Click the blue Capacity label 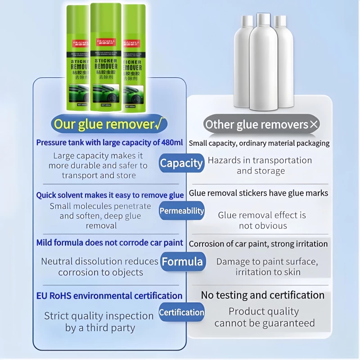(182, 163)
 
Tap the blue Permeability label (182, 211)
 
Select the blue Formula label (182, 261)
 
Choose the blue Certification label (182, 312)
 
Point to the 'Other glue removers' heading (257, 124)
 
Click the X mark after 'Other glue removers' (314, 125)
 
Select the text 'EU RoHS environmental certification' (109, 296)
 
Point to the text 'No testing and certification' (262, 295)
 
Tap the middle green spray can (106, 58)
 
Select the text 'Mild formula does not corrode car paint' (109, 243)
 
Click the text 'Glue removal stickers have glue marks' (258, 193)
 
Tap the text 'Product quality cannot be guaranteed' (264, 317)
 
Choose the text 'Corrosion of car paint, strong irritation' (258, 244)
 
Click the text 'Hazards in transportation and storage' (260, 166)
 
